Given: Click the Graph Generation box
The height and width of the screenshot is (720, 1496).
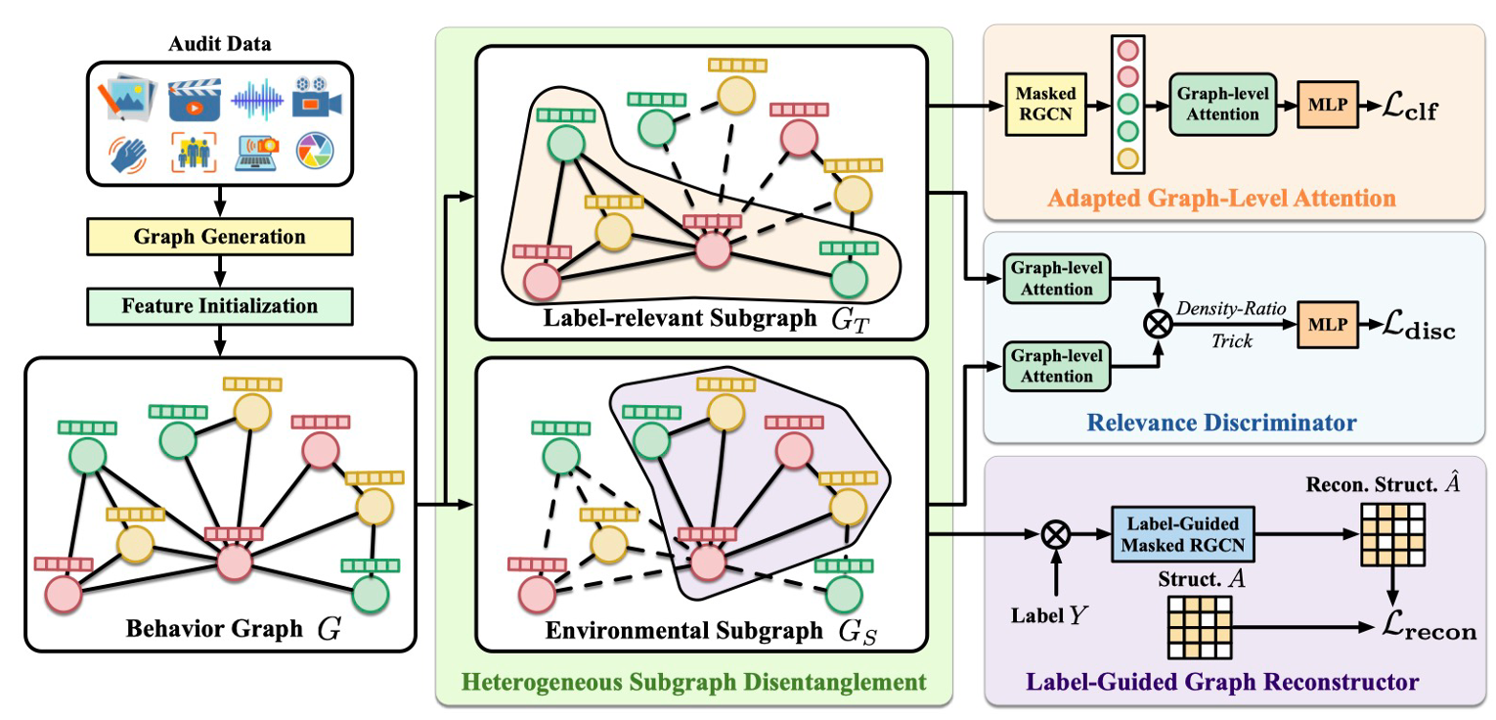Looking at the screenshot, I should tap(219, 237).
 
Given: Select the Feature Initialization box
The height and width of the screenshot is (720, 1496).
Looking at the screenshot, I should tap(219, 305).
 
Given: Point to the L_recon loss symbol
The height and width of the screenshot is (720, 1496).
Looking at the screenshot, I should tap(1429, 628).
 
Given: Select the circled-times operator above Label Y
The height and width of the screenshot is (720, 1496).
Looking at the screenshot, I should tap(1054, 534).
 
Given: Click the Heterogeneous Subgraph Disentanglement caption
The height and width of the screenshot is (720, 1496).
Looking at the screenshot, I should tap(693, 680).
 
